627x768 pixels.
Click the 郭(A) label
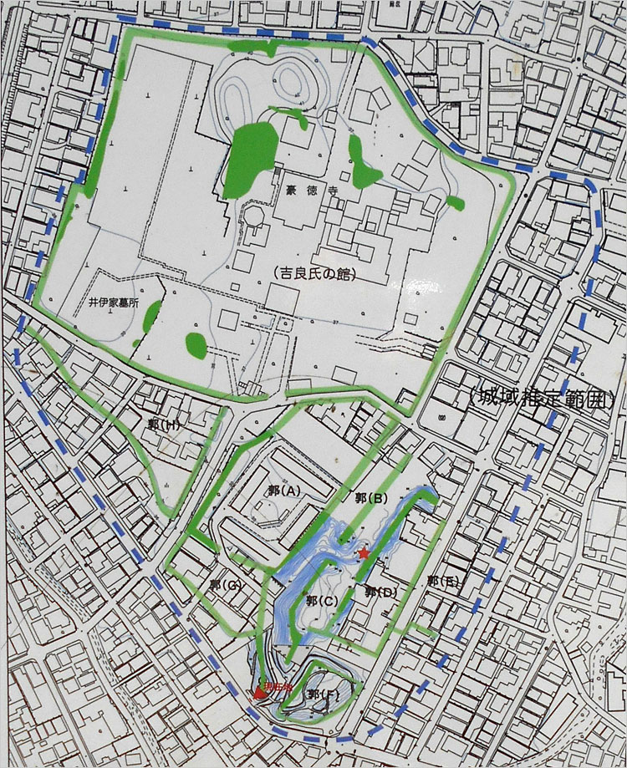(x=280, y=491)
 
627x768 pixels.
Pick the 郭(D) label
(x=380, y=592)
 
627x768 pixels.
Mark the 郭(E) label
(x=442, y=581)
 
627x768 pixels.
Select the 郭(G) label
(x=226, y=584)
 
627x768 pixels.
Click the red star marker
(x=363, y=553)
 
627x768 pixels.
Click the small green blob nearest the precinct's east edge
(x=455, y=201)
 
